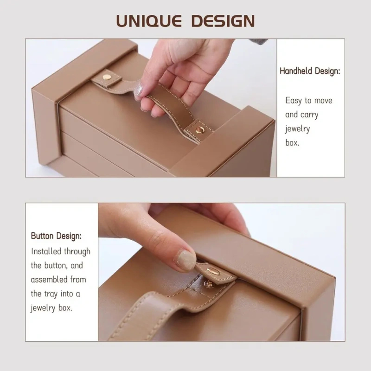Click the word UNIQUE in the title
149,21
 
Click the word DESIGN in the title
223,21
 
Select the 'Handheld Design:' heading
310,71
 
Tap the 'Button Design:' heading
56,236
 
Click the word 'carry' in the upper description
309,115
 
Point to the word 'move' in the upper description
323,101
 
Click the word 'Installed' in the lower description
46,251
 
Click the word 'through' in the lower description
77,251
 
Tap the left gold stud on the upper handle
107,77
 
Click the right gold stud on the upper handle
200,130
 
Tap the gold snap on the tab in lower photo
213,271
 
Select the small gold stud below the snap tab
208,284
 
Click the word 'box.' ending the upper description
293,143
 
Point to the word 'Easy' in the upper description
294,101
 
